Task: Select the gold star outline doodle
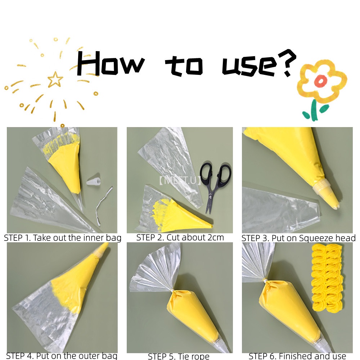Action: (55, 79)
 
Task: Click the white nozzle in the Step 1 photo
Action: (93, 180)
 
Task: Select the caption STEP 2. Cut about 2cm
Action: (180, 238)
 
